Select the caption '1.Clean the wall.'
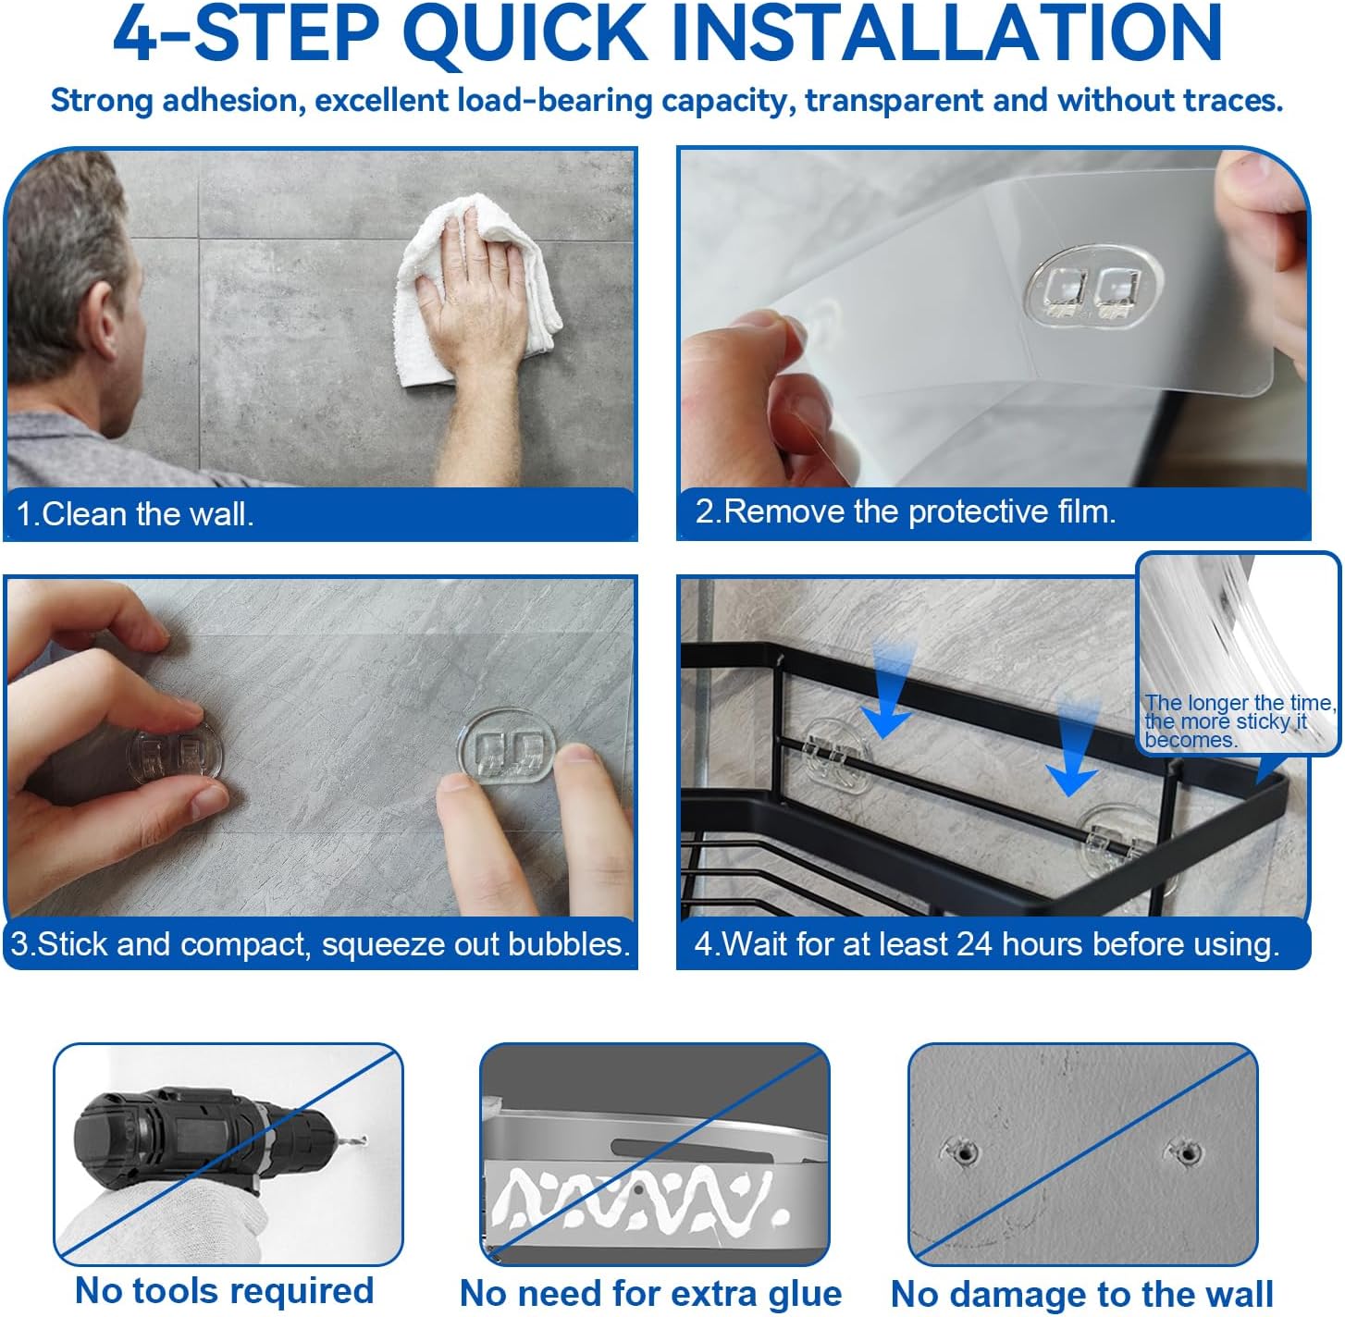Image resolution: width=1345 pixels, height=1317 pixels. click(x=135, y=514)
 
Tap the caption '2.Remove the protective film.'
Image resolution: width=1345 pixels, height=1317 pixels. click(x=906, y=511)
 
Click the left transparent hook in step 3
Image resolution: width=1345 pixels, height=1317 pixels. click(x=175, y=755)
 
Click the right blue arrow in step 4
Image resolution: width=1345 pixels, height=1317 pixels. click(x=1073, y=746)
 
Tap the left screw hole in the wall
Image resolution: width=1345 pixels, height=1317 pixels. click(x=965, y=1153)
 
